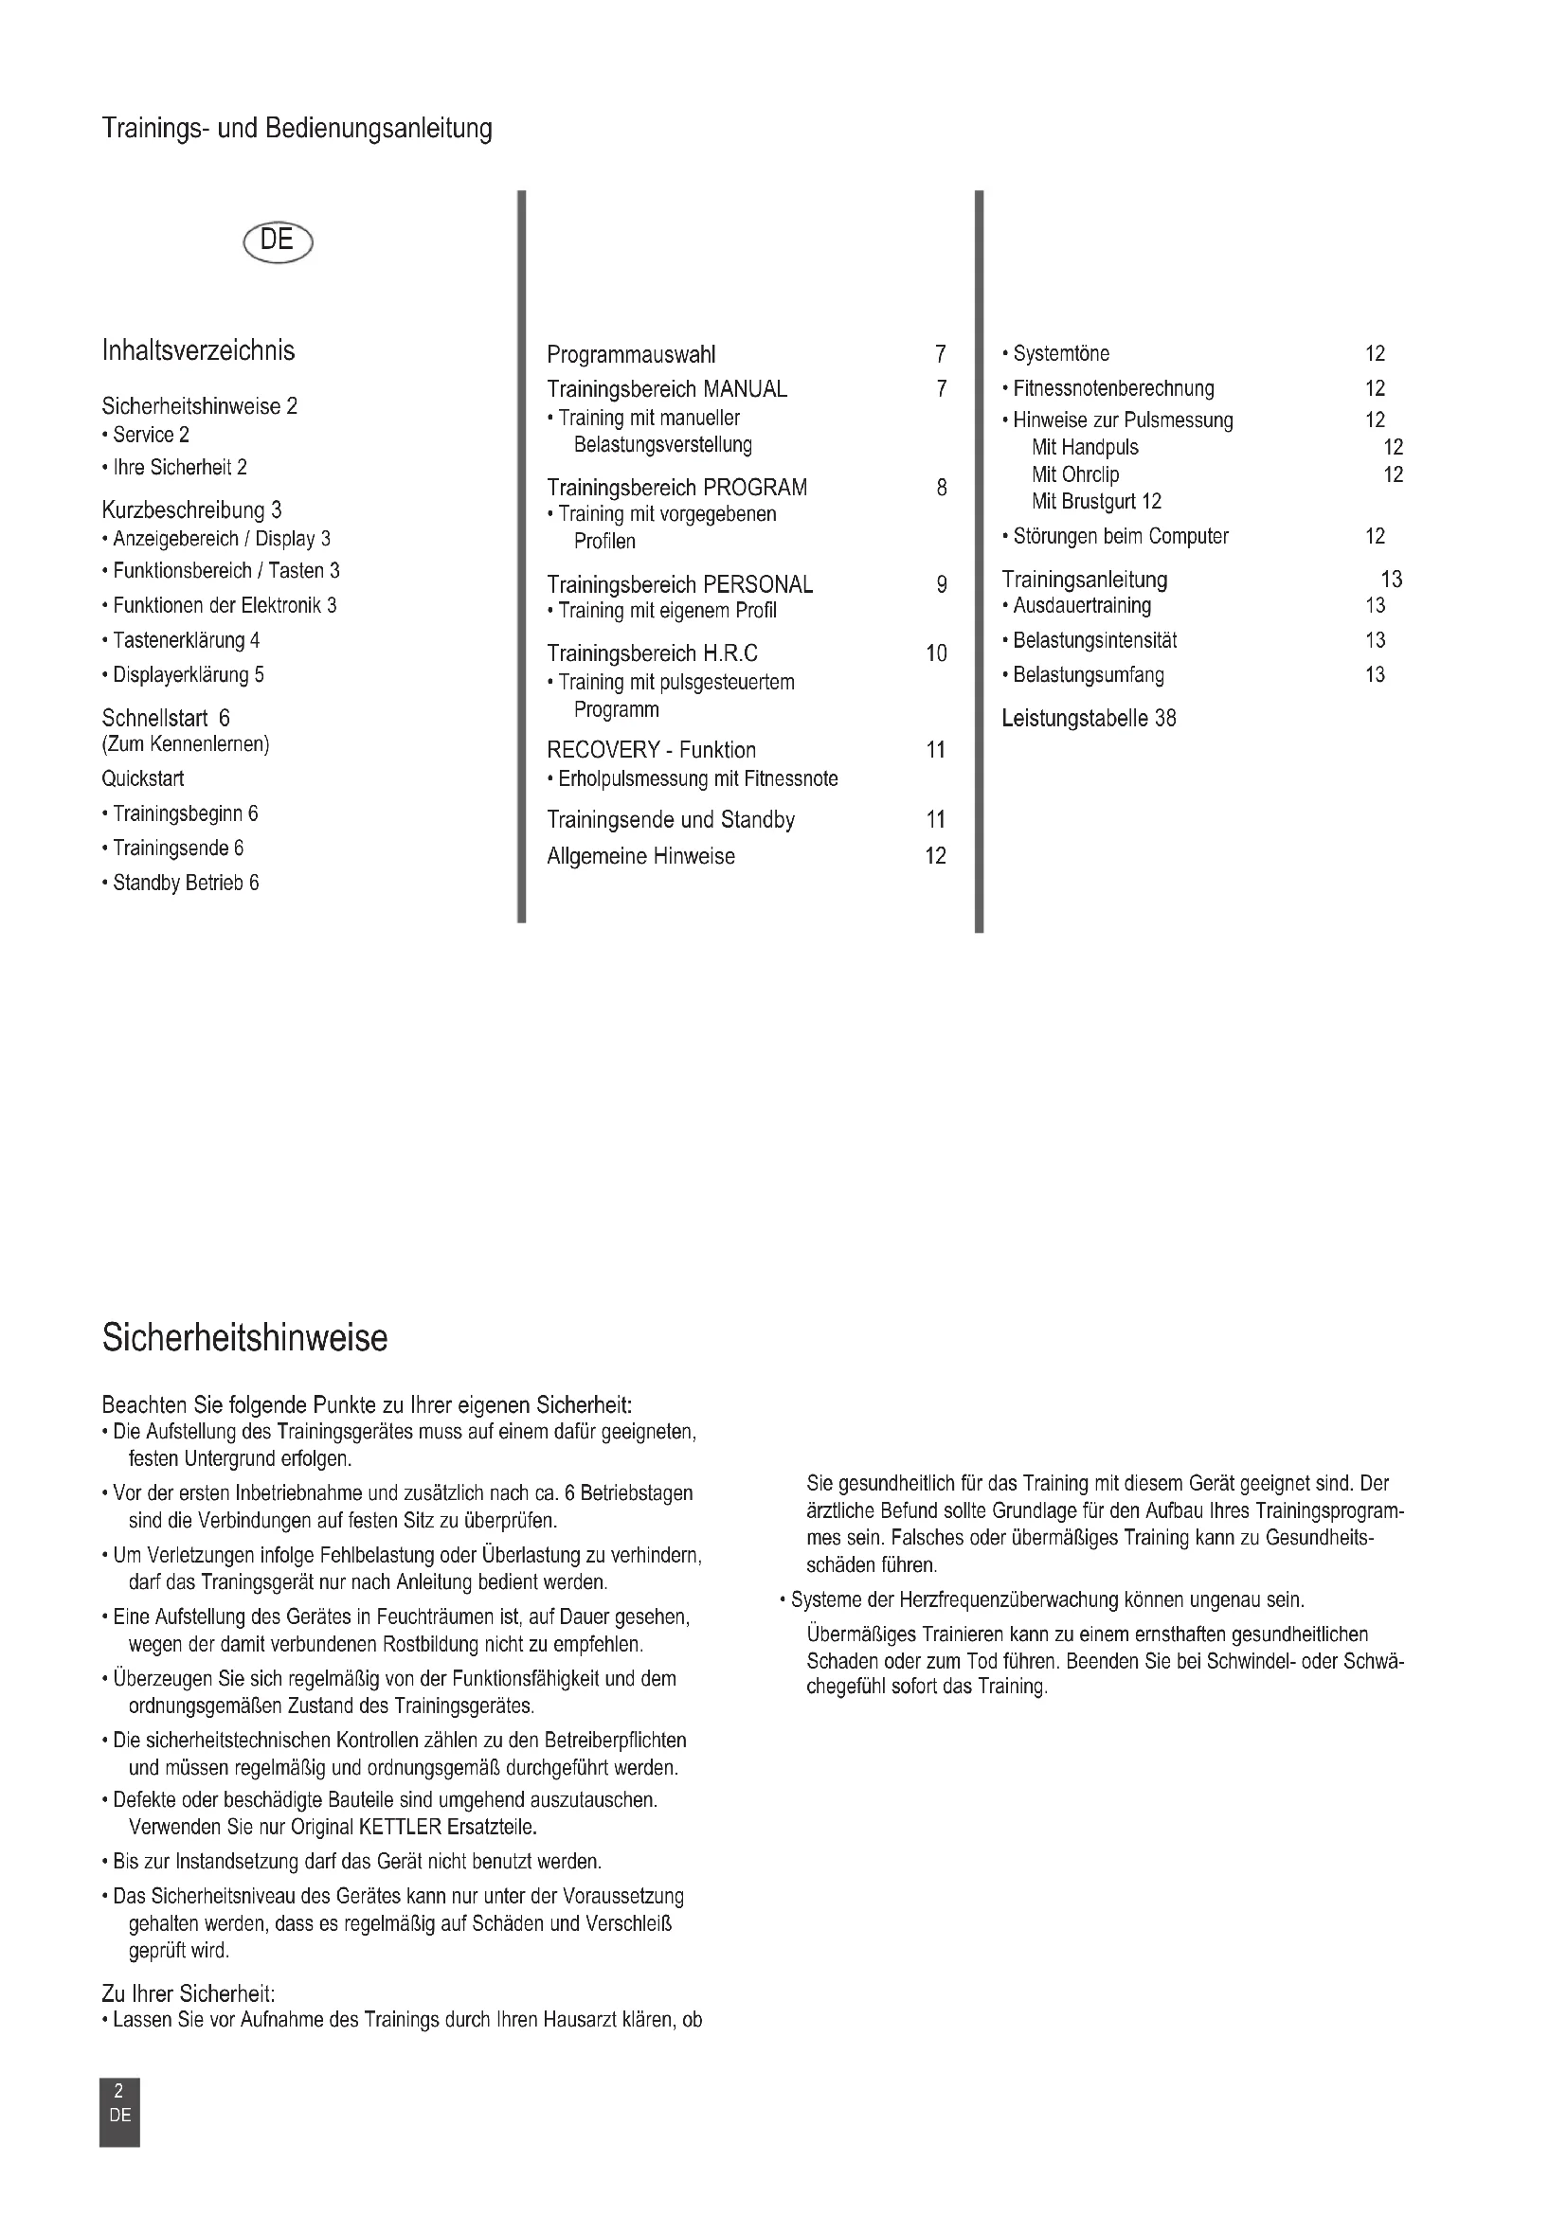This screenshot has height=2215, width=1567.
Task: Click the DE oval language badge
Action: [x=278, y=241]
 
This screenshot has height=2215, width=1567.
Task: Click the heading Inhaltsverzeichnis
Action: [x=198, y=350]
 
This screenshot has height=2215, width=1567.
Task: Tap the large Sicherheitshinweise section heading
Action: [x=244, y=1338]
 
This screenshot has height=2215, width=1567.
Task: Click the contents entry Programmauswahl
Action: [x=631, y=355]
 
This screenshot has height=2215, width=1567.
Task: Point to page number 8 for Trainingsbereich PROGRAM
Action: [x=941, y=488]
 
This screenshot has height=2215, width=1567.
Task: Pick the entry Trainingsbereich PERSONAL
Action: [x=679, y=584]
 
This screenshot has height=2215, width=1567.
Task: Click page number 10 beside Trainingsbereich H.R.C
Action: [x=936, y=653]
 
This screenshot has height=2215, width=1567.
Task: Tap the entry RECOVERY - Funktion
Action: [x=651, y=751]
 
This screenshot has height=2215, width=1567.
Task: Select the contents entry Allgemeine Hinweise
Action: [x=640, y=857]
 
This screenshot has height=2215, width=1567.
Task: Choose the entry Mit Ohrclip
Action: [x=1075, y=474]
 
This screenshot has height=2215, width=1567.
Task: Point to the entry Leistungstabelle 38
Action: [x=1089, y=719]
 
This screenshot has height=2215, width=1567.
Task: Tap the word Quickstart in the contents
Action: [x=143, y=778]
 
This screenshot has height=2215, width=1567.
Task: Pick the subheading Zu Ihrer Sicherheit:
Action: [x=189, y=1994]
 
